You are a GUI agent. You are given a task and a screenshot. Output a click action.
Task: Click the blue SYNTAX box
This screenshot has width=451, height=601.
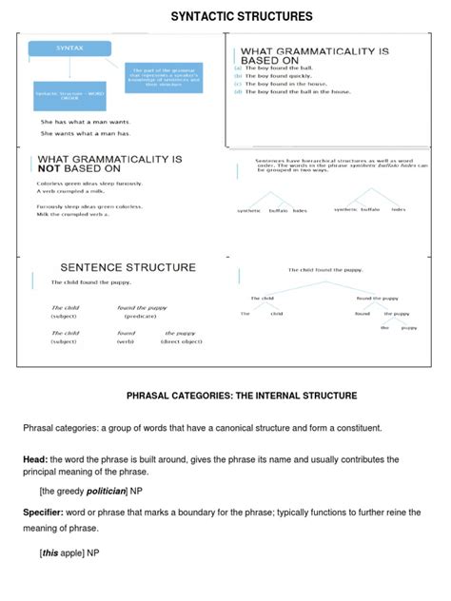click(69, 48)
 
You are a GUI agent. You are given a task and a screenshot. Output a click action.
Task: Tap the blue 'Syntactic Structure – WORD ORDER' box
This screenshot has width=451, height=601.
click(69, 95)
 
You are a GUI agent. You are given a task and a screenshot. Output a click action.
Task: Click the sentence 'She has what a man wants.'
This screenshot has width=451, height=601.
click(85, 122)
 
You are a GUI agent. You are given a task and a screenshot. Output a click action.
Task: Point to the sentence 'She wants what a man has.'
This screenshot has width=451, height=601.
click(85, 133)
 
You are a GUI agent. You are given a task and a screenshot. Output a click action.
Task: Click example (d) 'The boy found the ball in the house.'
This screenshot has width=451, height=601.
click(297, 91)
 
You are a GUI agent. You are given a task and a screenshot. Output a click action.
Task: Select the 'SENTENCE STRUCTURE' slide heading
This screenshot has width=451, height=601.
click(128, 267)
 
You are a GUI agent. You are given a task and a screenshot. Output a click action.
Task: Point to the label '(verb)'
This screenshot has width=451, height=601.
click(126, 341)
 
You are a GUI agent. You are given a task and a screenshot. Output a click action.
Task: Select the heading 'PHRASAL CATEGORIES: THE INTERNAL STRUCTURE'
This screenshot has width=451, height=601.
click(242, 395)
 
